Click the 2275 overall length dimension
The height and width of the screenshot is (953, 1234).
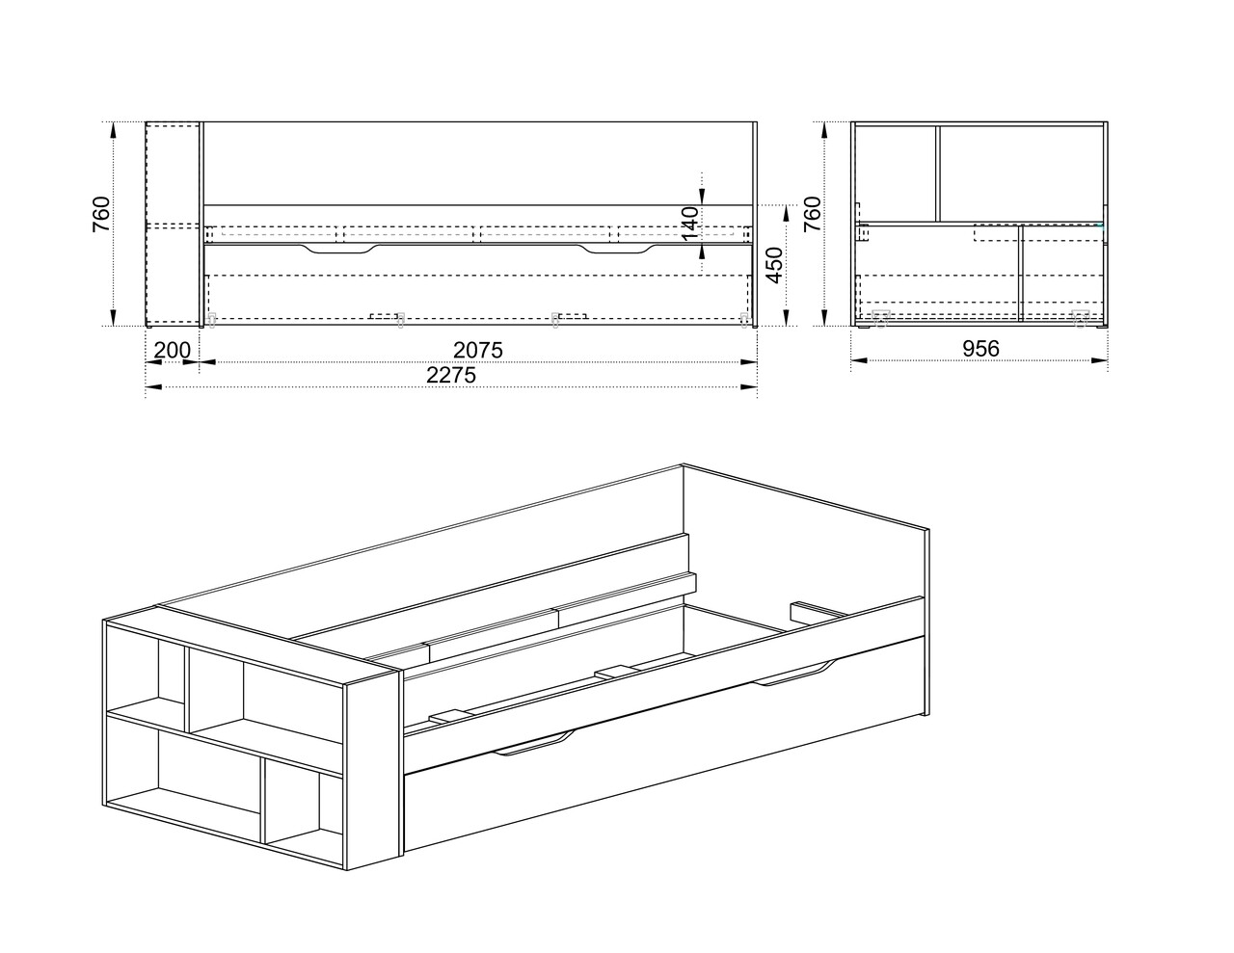[451, 375]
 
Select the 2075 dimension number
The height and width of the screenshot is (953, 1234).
[477, 350]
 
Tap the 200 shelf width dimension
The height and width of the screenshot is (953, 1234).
[172, 350]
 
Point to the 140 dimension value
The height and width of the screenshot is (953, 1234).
[689, 223]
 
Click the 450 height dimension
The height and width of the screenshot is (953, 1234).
[774, 265]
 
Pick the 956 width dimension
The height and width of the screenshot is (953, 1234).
[980, 349]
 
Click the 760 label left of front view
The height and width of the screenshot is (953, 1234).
[101, 214]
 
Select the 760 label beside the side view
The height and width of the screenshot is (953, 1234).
[813, 214]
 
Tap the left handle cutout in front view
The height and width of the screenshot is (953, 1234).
[339, 249]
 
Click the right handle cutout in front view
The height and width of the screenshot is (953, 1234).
[617, 249]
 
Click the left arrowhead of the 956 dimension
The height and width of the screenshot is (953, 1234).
[859, 359]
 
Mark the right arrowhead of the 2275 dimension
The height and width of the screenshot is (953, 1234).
[748, 386]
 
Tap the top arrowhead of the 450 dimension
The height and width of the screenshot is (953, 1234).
[786, 213]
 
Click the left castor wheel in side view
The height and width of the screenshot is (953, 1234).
[880, 318]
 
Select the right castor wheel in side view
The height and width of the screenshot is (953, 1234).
[1080, 318]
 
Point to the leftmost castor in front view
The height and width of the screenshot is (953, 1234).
[212, 320]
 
